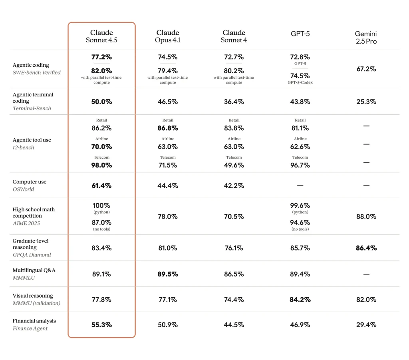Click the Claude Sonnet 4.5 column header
(x=101, y=36)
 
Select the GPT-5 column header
(x=300, y=34)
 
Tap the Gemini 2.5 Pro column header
(x=366, y=38)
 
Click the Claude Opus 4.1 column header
(x=168, y=36)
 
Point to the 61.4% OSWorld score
(x=101, y=186)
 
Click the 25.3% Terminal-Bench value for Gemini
(x=366, y=101)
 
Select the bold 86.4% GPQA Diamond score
(x=366, y=248)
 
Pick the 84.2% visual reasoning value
(x=300, y=299)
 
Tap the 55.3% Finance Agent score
(x=101, y=325)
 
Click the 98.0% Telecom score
(x=101, y=165)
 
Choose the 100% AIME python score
(x=101, y=206)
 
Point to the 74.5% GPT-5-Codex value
(x=300, y=76)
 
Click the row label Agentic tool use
(x=32, y=140)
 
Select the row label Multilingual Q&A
(x=34, y=270)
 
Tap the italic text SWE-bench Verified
(x=37, y=73)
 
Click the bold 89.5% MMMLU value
(x=168, y=274)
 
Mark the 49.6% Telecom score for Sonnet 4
(x=234, y=165)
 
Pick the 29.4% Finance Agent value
(x=366, y=325)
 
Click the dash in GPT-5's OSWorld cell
(x=300, y=186)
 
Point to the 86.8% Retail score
(x=168, y=128)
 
